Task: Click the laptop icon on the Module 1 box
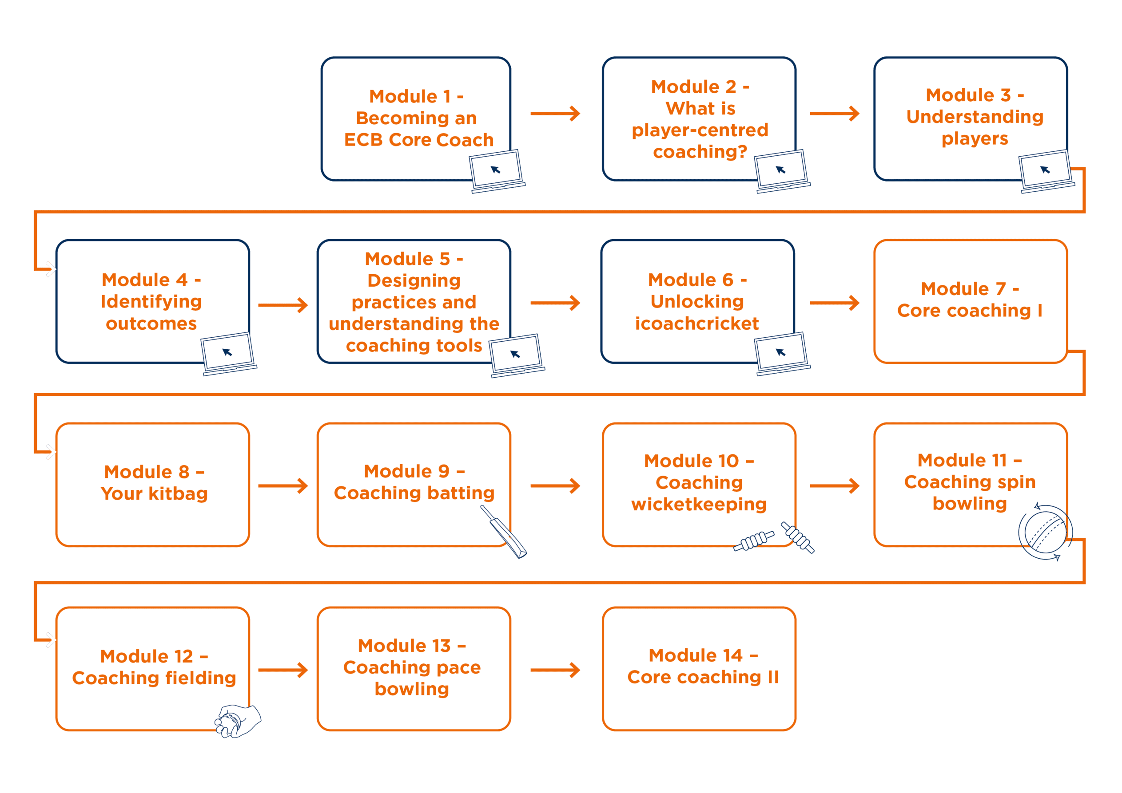tap(497, 171)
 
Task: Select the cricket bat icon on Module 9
tap(504, 532)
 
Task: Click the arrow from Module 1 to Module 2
tap(556, 114)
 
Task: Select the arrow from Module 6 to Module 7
tap(835, 303)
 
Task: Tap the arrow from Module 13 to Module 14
tap(556, 670)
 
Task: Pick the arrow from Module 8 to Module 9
tap(283, 486)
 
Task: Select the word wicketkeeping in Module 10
tap(699, 505)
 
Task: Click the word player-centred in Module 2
tap(700, 130)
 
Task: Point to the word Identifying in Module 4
tap(151, 302)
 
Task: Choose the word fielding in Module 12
tap(194, 678)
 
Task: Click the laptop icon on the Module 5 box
tap(517, 355)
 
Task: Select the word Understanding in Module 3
tap(975, 117)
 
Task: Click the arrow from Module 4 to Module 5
tap(283, 305)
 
